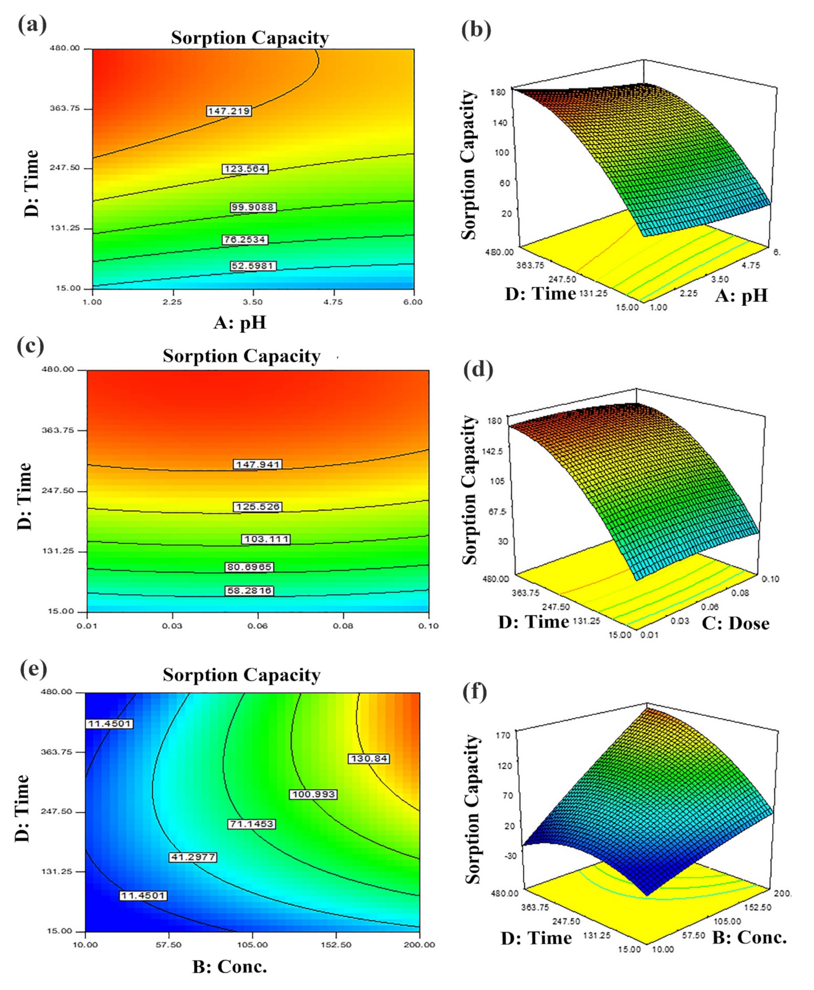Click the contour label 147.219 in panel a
click(229, 111)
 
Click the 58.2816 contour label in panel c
click(249, 591)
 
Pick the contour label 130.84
click(369, 758)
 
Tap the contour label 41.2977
click(193, 857)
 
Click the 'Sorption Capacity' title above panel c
click(241, 356)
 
